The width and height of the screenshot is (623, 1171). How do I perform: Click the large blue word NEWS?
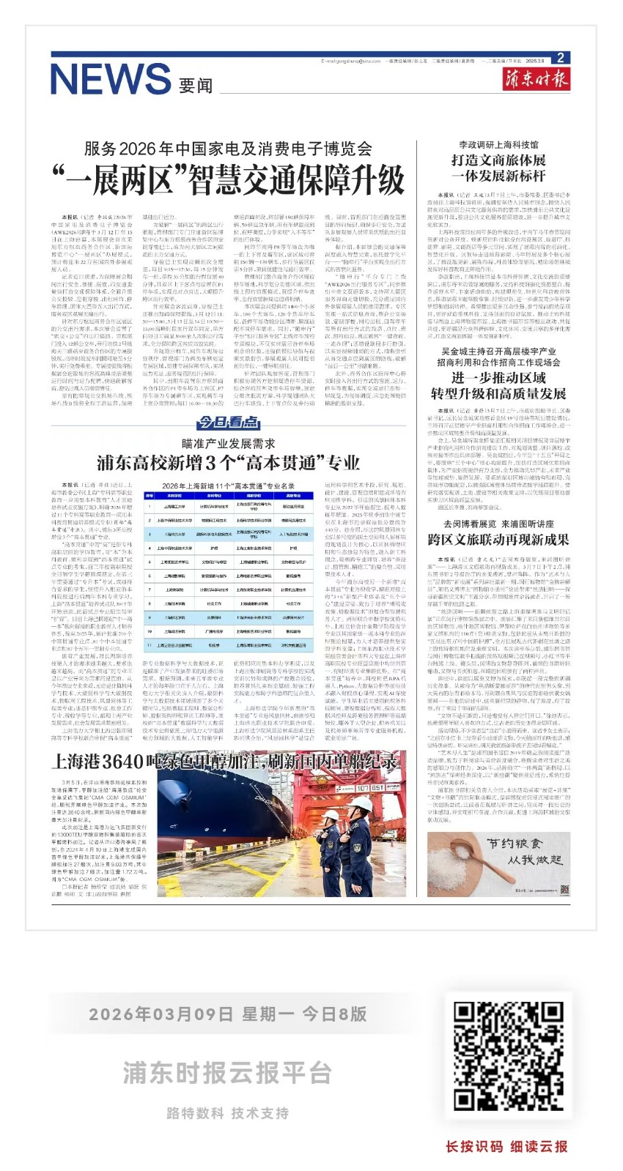coord(110,78)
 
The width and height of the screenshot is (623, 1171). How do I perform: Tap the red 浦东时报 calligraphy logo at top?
coord(537,78)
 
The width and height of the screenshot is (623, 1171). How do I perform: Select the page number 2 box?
coord(559,58)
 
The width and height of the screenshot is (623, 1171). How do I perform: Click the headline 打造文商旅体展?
coord(498,160)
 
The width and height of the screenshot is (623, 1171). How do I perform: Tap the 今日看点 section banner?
coord(228,423)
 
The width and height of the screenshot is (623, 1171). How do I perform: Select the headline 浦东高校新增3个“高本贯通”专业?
coord(229,462)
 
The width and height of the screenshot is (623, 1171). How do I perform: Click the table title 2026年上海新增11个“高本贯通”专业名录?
coord(229,486)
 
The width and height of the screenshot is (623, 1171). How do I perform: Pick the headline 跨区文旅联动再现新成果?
coord(498,539)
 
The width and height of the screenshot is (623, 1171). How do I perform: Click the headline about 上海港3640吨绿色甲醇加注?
coord(224,762)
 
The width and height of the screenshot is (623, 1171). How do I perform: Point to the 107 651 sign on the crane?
coord(371,788)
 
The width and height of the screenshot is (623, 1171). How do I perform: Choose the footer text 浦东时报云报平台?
coord(227,1072)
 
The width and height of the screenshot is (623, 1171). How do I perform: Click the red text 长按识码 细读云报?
coord(506,1146)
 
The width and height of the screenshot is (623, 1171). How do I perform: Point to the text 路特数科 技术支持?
coord(227,1113)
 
